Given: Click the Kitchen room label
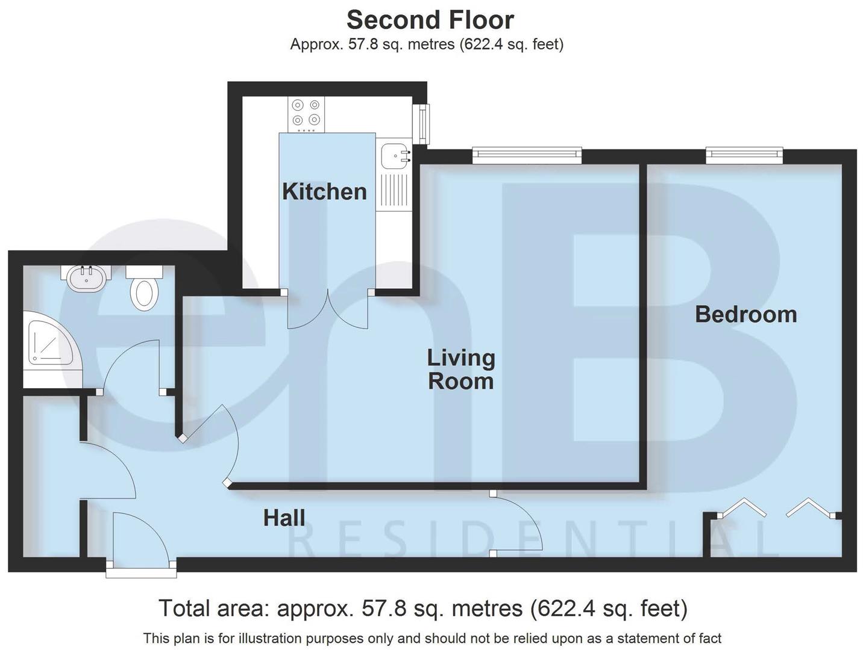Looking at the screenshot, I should point(324,191).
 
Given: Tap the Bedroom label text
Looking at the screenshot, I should point(745,314).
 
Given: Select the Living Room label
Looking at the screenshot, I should point(461,370).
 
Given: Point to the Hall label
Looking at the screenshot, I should point(284,518).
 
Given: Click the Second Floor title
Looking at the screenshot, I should point(430,20).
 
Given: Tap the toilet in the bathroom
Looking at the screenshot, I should point(144,288).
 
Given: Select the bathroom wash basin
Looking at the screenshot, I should point(87,278).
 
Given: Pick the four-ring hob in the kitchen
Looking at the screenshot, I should point(307,114).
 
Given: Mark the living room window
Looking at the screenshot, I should point(527,156).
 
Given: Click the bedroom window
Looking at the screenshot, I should point(744,156).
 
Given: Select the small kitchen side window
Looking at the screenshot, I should point(424,124).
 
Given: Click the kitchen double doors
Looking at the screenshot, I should point(327,310).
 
